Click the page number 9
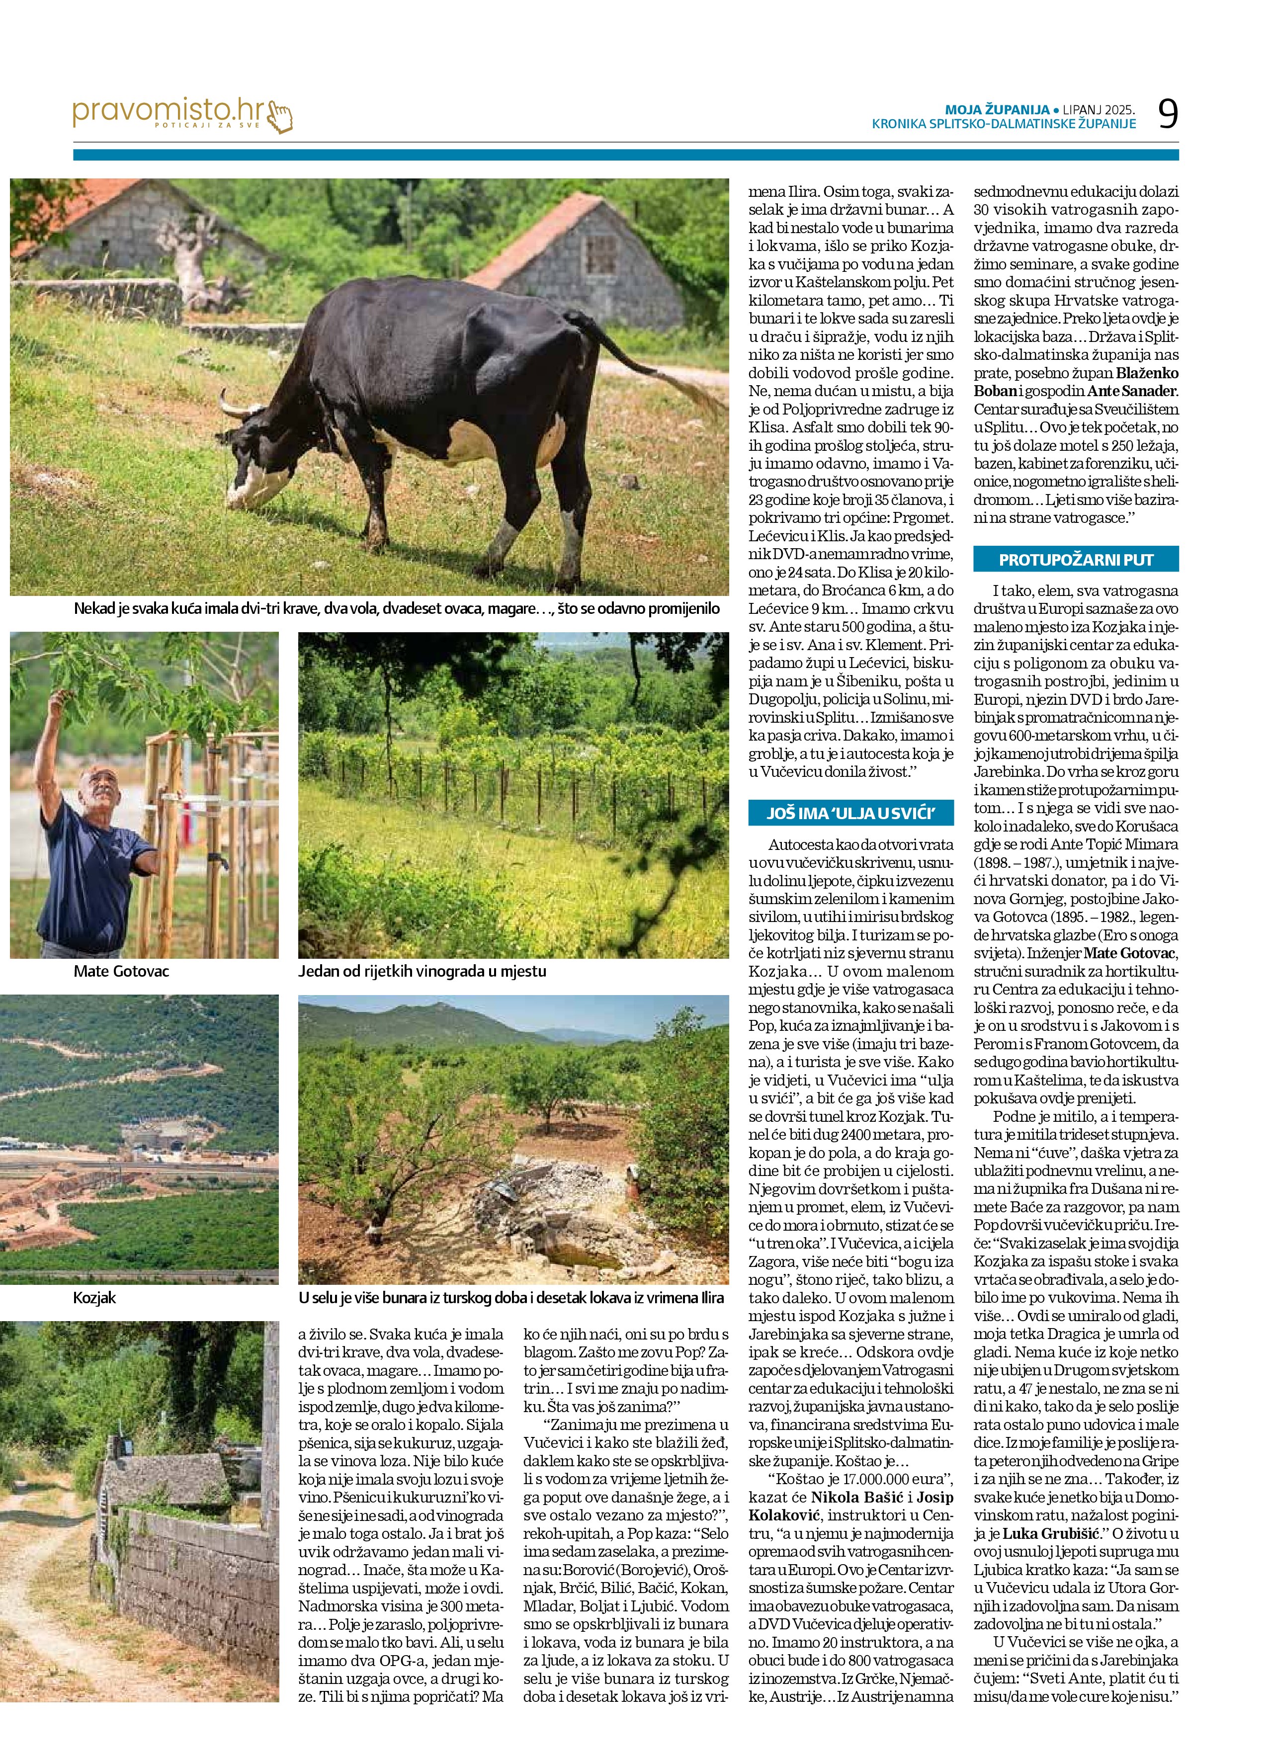click(x=1167, y=114)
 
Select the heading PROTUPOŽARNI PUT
click(x=1076, y=560)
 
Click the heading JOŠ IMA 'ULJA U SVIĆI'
click(x=850, y=813)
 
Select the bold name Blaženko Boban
click(x=1076, y=382)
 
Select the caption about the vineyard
click(x=422, y=971)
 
